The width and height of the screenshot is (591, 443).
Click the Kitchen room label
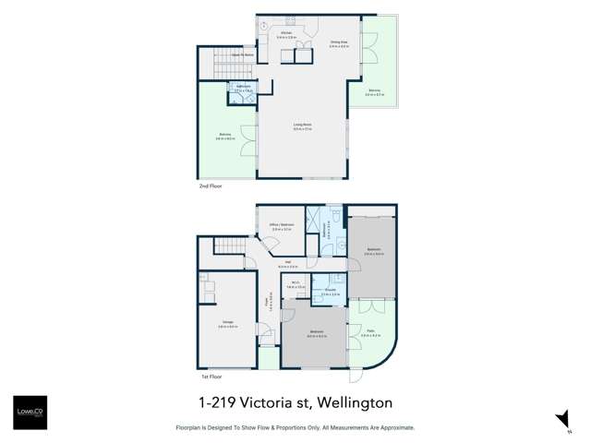(286, 34)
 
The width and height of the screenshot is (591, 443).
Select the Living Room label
(299, 127)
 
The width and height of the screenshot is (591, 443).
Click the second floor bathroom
(244, 90)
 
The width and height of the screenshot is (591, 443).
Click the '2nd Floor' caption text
(210, 186)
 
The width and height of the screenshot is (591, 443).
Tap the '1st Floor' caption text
(210, 377)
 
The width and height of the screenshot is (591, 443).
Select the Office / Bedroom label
(281, 226)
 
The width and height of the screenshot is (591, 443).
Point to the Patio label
(369, 334)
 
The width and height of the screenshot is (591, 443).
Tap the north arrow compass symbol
(561, 420)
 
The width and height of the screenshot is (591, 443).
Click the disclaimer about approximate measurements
(295, 428)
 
